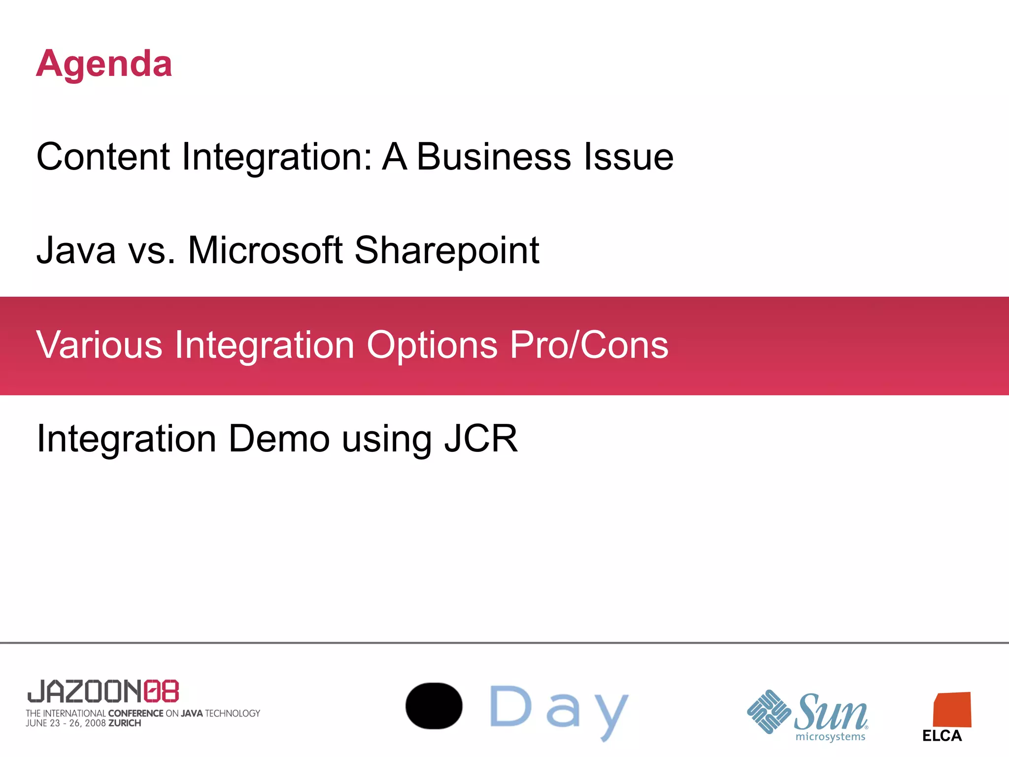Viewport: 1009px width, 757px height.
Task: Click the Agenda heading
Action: pos(104,64)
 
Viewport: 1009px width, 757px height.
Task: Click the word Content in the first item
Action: pos(103,157)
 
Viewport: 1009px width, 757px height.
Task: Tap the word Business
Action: pos(494,157)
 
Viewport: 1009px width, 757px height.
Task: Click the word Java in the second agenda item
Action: pos(76,250)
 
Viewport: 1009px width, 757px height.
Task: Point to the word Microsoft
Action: pos(265,250)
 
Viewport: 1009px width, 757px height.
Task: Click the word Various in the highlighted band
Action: pos(99,345)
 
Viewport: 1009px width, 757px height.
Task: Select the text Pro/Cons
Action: pos(589,345)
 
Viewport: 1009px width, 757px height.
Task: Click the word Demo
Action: pos(279,439)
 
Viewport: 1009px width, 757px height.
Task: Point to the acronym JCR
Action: pos(481,439)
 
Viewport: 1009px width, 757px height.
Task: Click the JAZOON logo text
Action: pos(85,691)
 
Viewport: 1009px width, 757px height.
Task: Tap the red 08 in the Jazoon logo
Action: pos(161,691)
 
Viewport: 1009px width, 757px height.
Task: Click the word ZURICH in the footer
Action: pos(125,723)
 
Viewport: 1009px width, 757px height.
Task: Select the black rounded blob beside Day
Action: pos(434,706)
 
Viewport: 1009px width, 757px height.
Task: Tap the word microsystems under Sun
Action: pos(830,737)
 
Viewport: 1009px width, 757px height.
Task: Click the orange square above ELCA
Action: pos(952,710)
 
